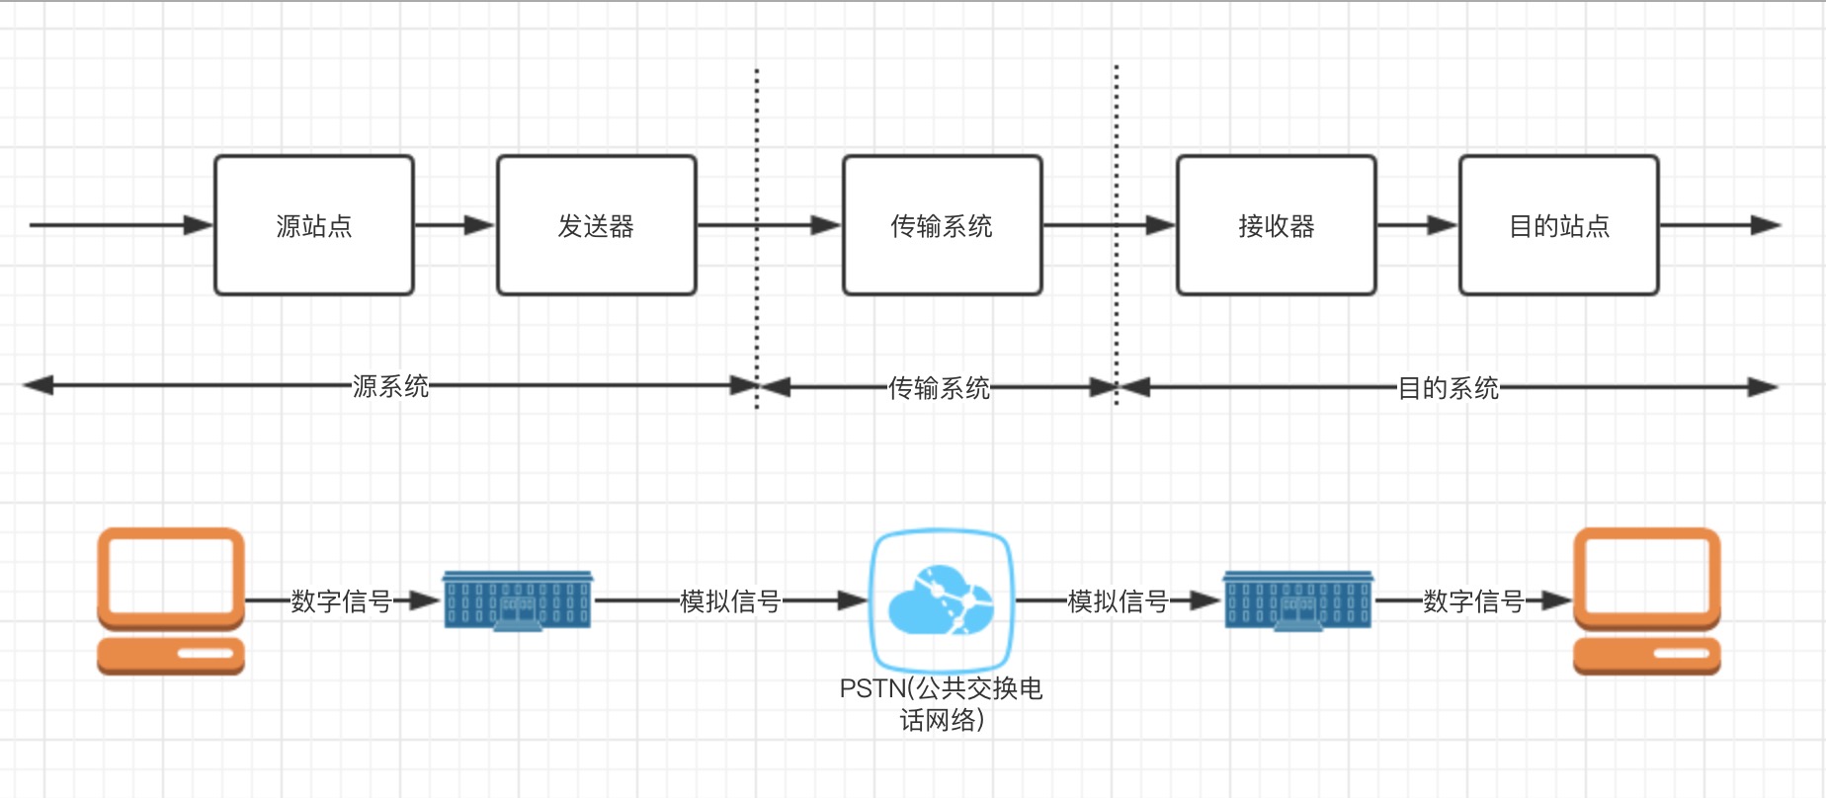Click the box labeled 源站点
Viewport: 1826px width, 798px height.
pyautogui.click(x=313, y=225)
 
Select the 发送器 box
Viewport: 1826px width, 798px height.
pyautogui.click(x=596, y=225)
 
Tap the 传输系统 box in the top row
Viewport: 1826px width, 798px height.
pyautogui.click(x=942, y=225)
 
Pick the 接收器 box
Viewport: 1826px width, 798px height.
pyautogui.click(x=1276, y=225)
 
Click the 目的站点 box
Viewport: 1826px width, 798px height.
pyautogui.click(x=1558, y=225)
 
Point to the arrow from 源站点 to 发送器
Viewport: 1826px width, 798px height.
pyautogui.click(x=455, y=225)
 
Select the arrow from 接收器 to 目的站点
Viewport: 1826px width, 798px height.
pyautogui.click(x=1417, y=225)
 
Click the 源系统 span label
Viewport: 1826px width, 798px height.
pyautogui.click(x=390, y=386)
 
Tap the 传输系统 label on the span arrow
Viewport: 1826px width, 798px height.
pyautogui.click(x=939, y=388)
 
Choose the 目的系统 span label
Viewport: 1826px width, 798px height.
pyautogui.click(x=1448, y=388)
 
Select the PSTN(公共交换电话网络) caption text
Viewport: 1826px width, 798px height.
pyautogui.click(x=941, y=703)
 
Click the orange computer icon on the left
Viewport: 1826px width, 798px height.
pyautogui.click(x=171, y=600)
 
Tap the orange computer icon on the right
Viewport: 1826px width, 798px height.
pyautogui.click(x=1646, y=600)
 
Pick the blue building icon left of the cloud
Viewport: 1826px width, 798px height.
pyautogui.click(x=517, y=600)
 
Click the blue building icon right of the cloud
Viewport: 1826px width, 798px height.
pyautogui.click(x=1297, y=600)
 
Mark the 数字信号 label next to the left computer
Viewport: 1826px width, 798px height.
pyautogui.click(x=341, y=600)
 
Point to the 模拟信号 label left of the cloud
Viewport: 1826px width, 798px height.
pyautogui.click(x=730, y=600)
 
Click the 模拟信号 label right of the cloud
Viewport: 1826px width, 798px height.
pyautogui.click(x=1118, y=600)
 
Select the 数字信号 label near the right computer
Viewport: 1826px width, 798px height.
pyautogui.click(x=1473, y=600)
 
